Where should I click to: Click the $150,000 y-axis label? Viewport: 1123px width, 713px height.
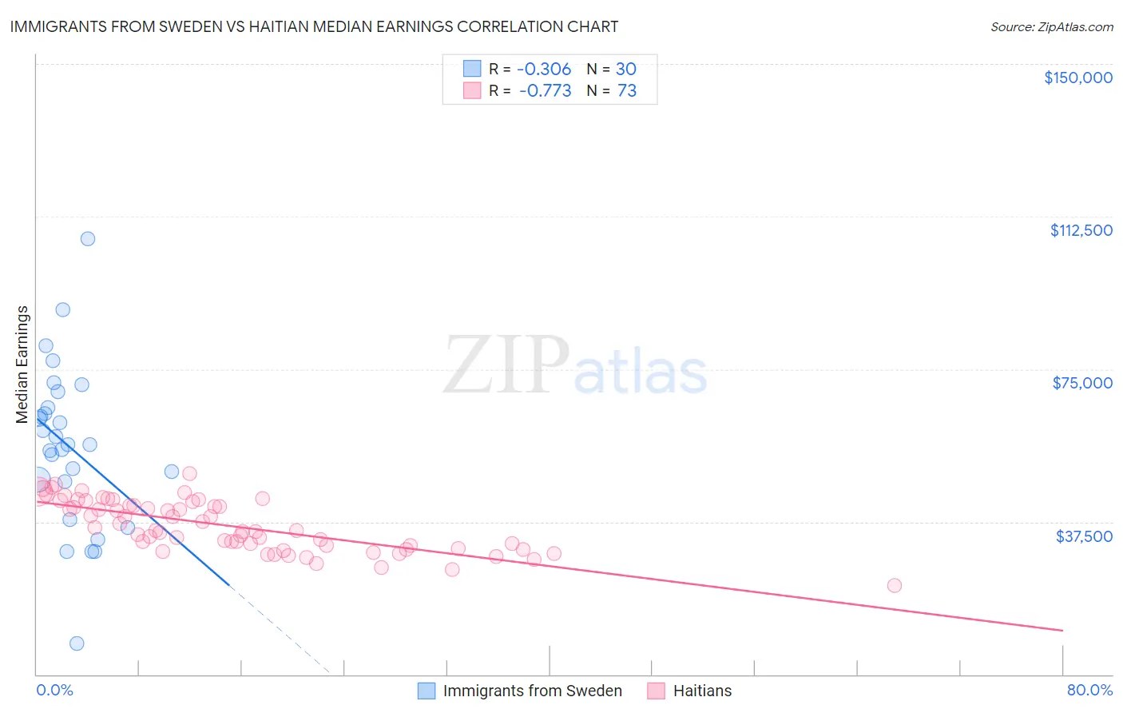(1077, 78)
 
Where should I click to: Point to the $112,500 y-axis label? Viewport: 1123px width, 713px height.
(1081, 230)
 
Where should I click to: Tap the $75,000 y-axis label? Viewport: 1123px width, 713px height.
(1081, 383)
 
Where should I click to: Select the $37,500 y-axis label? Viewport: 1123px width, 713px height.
(1083, 536)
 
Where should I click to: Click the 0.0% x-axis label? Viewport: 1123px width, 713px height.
(54, 690)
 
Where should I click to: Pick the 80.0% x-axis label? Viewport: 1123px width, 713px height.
(1089, 690)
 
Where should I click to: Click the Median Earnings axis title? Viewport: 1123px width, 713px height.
(22, 364)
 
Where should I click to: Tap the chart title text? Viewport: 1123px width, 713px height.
(314, 26)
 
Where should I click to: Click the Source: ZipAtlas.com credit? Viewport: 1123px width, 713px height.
(1051, 27)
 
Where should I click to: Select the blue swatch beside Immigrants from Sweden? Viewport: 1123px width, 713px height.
(427, 691)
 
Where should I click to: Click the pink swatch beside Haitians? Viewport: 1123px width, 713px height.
(657, 691)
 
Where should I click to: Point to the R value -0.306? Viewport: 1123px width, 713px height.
(544, 69)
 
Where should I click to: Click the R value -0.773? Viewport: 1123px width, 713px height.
(545, 91)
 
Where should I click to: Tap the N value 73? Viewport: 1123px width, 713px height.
(627, 91)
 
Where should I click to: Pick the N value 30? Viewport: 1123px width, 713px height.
(626, 69)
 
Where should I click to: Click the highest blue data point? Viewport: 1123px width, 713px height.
(88, 239)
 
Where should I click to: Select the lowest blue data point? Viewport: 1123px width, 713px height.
(77, 643)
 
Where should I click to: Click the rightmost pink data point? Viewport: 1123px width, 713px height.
(895, 585)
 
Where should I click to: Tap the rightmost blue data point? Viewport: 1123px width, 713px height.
(172, 472)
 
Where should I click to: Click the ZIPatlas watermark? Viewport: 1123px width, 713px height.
(575, 367)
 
